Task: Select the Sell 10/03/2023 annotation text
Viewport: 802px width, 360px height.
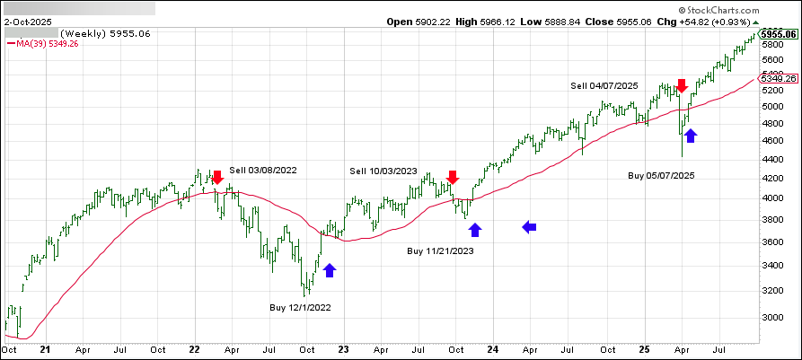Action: click(383, 170)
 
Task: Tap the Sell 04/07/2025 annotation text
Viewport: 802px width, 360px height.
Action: click(604, 85)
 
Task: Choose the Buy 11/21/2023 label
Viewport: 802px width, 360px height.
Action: click(440, 250)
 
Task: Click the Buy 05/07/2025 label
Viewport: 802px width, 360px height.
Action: click(661, 175)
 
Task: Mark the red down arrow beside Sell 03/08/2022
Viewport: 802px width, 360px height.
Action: click(216, 178)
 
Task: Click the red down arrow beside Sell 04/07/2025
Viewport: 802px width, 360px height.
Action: click(682, 85)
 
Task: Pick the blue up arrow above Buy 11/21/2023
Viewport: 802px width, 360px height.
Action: click(475, 229)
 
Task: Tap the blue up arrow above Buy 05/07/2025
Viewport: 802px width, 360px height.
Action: click(690, 136)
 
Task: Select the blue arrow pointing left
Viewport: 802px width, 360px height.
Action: click(530, 228)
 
